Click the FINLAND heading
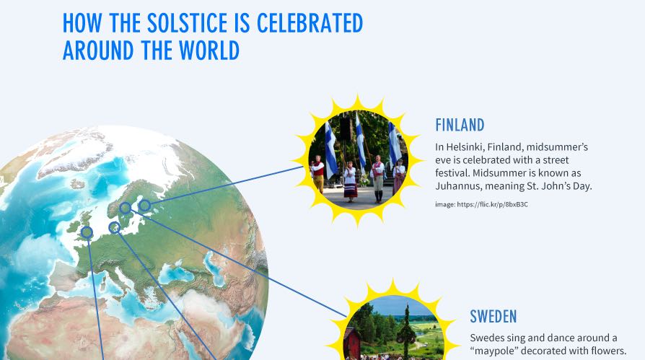[x=460, y=125]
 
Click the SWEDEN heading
[x=493, y=316]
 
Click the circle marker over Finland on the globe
[x=144, y=206]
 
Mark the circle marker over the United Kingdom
[x=87, y=232]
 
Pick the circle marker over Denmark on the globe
[x=114, y=228]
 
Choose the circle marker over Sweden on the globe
[x=126, y=208]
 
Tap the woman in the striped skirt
[x=350, y=180]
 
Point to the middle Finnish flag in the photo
[x=360, y=141]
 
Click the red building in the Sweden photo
[x=351, y=343]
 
